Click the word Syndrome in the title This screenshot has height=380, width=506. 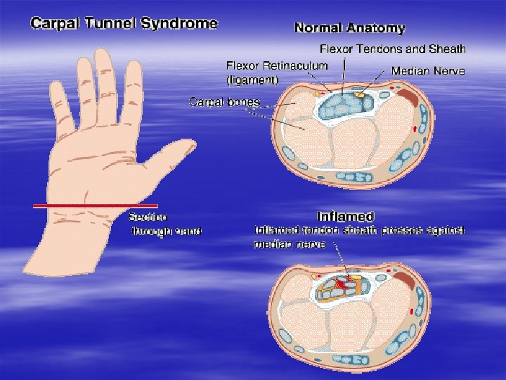[x=180, y=23]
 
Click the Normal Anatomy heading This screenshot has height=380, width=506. [x=349, y=29]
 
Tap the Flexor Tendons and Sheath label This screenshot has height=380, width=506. [x=392, y=49]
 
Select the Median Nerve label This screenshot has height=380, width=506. [x=427, y=72]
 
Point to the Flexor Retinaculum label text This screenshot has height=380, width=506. [x=276, y=65]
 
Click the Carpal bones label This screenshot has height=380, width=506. [x=224, y=102]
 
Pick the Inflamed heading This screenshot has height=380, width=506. [x=346, y=216]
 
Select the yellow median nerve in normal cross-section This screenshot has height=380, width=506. [x=361, y=94]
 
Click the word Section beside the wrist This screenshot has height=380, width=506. [x=148, y=217]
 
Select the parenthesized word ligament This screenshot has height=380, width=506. [x=252, y=80]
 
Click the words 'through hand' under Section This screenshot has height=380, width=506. [x=167, y=232]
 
